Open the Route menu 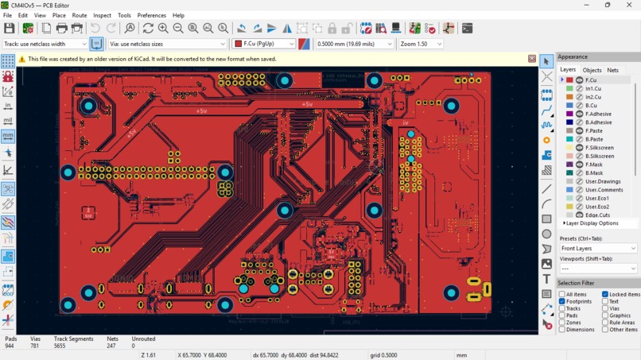[80, 15]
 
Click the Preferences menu [151, 15]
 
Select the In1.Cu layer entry [592, 89]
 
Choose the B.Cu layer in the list [591, 106]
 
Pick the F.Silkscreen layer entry [599, 148]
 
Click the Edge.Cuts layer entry [597, 215]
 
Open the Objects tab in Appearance [592, 70]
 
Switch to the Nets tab [612, 70]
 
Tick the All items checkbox [562, 294]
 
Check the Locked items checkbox [605, 294]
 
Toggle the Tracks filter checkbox [562, 308]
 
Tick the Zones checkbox [562, 323]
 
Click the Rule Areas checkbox [605, 323]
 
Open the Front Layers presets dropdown [598, 249]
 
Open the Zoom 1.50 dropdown [421, 44]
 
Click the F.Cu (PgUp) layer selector [264, 44]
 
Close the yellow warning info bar [532, 59]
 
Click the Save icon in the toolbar [10, 29]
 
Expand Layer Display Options [590, 223]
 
